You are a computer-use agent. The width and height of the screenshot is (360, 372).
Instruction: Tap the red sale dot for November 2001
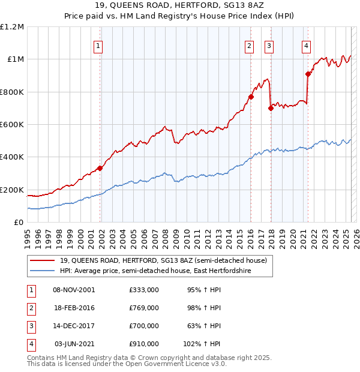(100, 168)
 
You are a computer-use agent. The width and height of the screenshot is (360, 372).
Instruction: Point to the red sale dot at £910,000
(308, 74)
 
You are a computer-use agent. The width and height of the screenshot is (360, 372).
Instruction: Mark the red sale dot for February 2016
(251, 97)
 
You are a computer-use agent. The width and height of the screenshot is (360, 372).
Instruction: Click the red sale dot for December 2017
(271, 108)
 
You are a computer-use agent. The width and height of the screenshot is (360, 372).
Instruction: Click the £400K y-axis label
(12, 157)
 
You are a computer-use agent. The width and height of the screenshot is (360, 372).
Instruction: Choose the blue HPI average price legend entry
(155, 271)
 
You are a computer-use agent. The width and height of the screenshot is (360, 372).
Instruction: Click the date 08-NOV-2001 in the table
(74, 290)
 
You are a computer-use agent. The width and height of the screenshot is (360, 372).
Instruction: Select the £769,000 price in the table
(144, 308)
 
